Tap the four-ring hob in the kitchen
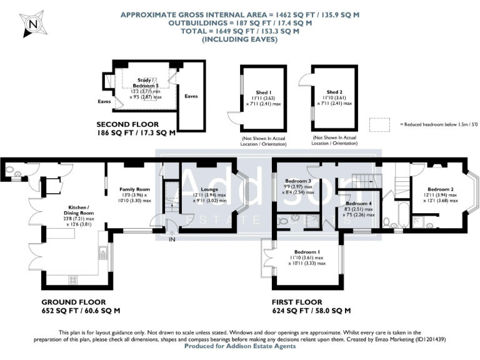[72, 279]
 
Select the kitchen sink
[103, 254]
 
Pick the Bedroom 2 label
[440, 189]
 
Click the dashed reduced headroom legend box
[379, 124]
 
